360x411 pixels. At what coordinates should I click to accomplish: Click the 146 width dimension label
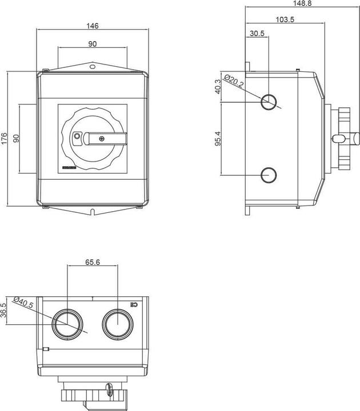click(x=93, y=26)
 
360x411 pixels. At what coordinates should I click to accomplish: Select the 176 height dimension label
click(x=5, y=138)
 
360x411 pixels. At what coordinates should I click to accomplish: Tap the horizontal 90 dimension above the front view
click(x=92, y=44)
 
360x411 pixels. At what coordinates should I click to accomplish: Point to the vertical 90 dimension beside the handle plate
click(x=17, y=138)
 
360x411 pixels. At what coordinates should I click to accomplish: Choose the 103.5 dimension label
click(x=285, y=19)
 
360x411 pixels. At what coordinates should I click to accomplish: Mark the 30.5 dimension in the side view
click(x=257, y=34)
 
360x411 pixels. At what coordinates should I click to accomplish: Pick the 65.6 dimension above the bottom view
click(x=93, y=263)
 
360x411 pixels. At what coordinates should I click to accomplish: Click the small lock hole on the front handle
click(x=77, y=136)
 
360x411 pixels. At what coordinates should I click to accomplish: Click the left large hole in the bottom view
click(x=67, y=325)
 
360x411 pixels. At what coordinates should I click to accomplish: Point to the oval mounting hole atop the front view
click(x=92, y=67)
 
